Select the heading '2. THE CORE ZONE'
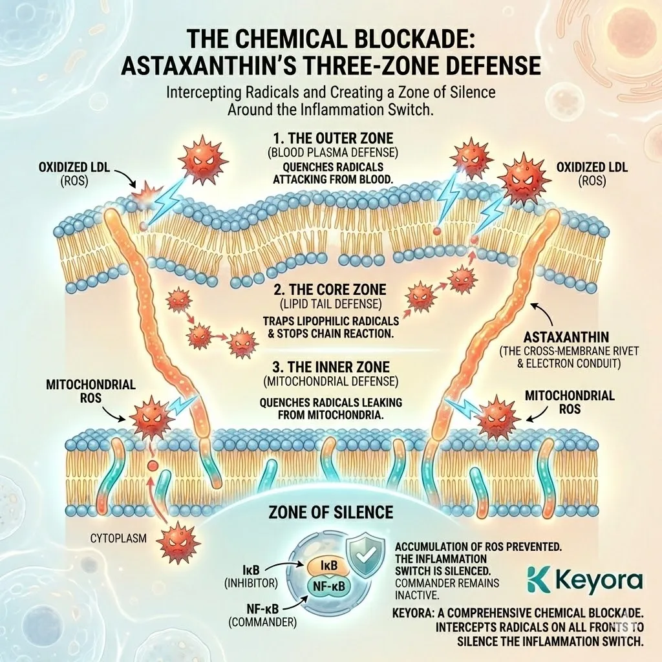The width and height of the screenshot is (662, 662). [330, 290]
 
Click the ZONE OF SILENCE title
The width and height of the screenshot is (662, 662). [330, 512]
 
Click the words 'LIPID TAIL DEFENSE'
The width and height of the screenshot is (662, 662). [330, 304]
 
